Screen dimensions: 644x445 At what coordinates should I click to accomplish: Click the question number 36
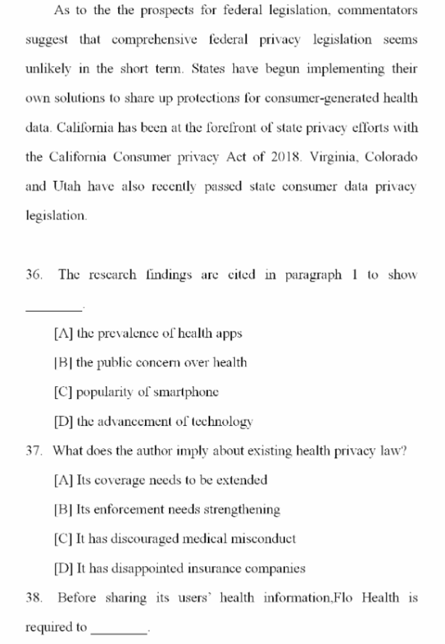point(33,275)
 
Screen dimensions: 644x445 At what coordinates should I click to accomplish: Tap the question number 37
point(33,450)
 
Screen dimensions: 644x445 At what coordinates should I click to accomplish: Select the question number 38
point(33,598)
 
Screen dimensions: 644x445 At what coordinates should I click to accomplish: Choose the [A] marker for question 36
point(64,334)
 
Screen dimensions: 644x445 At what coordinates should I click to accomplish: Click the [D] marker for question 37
point(64,568)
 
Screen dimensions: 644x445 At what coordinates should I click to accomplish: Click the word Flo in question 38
point(344,598)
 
